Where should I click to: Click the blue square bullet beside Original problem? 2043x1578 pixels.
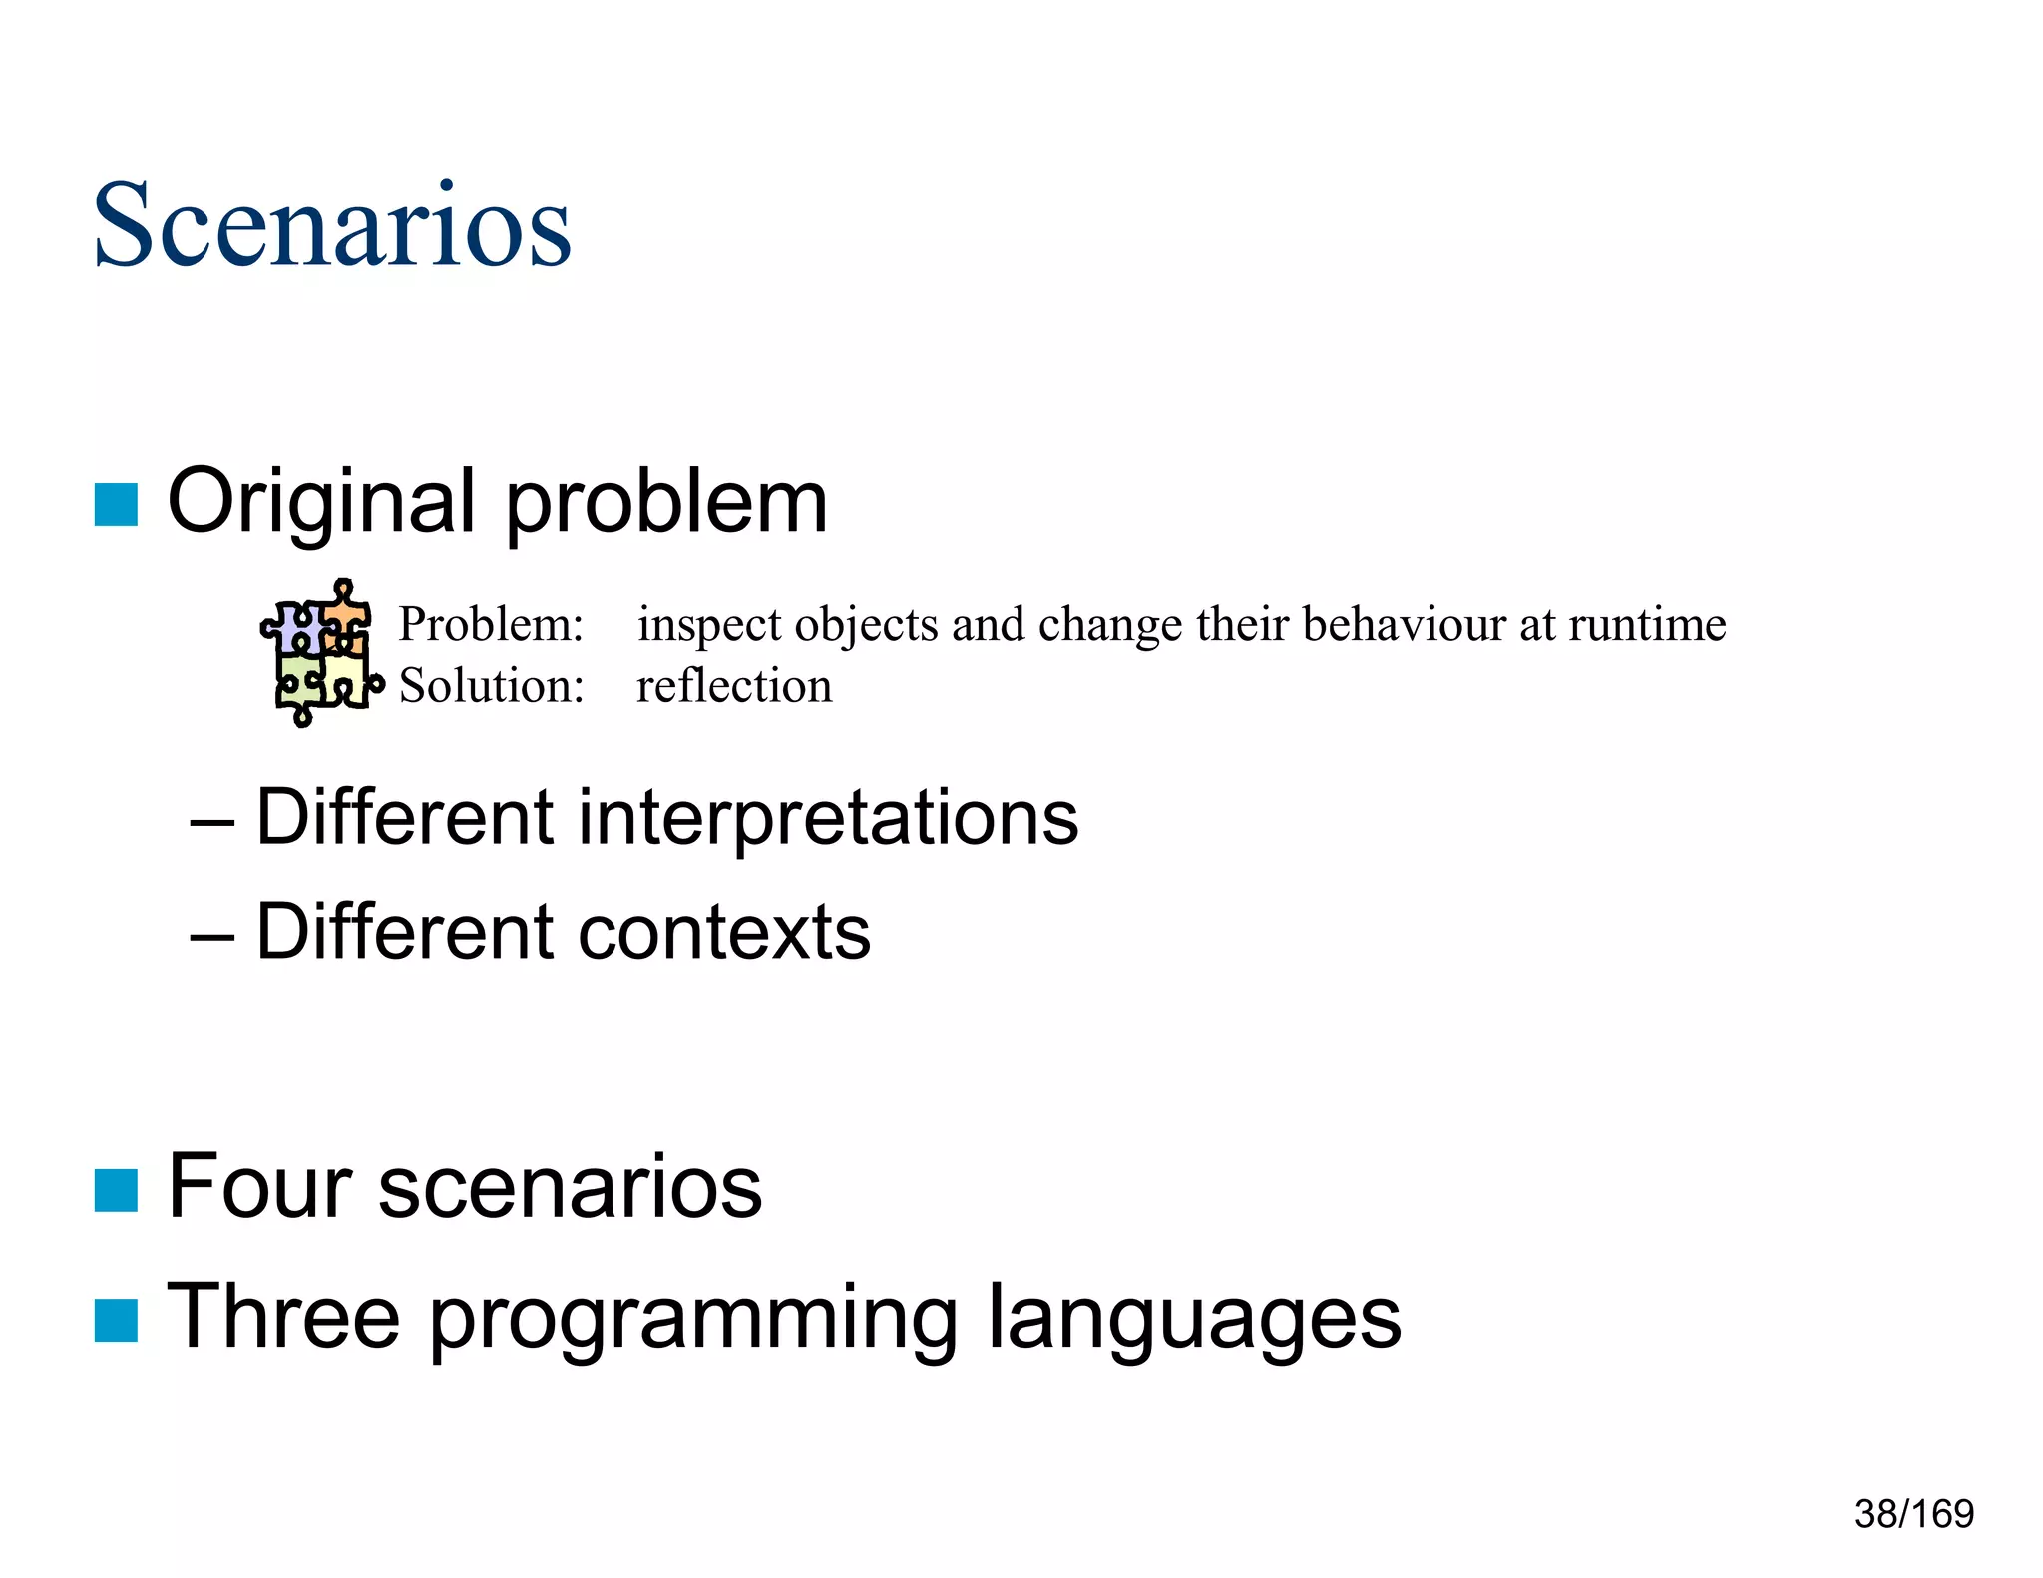click(x=116, y=504)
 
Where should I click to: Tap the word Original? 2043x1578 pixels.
click(x=320, y=502)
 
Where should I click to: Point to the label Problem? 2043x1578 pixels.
click(x=491, y=625)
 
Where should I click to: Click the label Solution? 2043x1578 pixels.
click(x=492, y=687)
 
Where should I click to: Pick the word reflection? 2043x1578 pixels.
click(x=734, y=687)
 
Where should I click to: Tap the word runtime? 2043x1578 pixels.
click(x=1647, y=625)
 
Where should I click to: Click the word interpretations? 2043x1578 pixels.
click(x=828, y=818)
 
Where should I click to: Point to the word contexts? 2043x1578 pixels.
click(x=724, y=933)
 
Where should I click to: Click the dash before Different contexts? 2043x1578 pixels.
click(x=211, y=936)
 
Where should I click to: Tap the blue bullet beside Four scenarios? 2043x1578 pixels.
click(x=116, y=1190)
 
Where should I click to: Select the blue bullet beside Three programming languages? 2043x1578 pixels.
click(x=116, y=1321)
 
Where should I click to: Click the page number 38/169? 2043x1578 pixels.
click(x=1913, y=1514)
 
